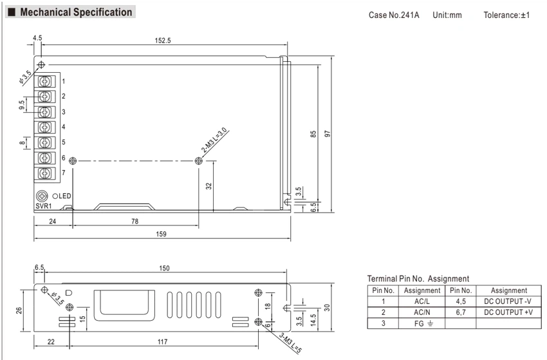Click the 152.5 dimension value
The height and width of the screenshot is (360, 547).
click(x=163, y=41)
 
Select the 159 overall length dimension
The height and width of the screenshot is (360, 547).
click(x=161, y=234)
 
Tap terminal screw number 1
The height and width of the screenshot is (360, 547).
click(x=44, y=82)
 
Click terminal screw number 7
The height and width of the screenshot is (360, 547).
click(x=44, y=173)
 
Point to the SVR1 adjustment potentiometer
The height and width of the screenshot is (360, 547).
click(x=42, y=196)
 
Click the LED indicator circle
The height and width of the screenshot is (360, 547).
click(x=55, y=196)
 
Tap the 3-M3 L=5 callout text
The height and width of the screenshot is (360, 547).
click(x=290, y=343)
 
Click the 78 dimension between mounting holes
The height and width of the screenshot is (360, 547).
click(x=135, y=222)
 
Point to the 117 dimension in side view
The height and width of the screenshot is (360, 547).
click(x=163, y=341)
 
